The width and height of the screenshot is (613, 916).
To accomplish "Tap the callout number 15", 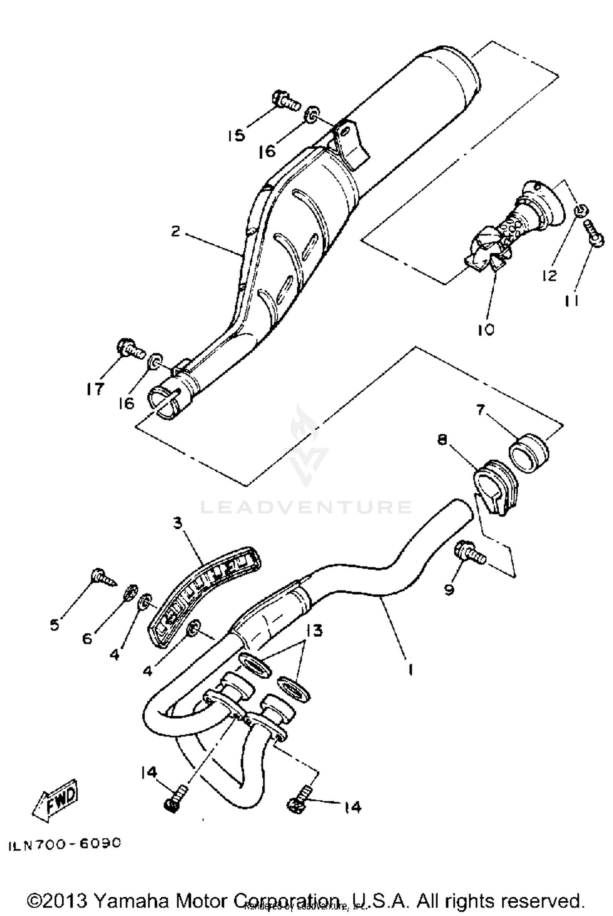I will pyautogui.click(x=236, y=135).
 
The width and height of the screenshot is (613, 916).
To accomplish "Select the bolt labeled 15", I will pyautogui.click(x=285, y=99).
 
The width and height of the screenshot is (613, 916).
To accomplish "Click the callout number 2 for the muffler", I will pyautogui.click(x=175, y=232).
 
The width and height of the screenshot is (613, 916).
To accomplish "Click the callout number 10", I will pyautogui.click(x=486, y=329).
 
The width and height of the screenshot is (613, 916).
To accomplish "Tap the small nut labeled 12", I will pyautogui.click(x=581, y=211).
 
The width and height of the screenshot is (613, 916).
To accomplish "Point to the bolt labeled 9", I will pyautogui.click(x=470, y=553).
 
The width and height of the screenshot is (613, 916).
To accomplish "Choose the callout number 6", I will pyautogui.click(x=87, y=638).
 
